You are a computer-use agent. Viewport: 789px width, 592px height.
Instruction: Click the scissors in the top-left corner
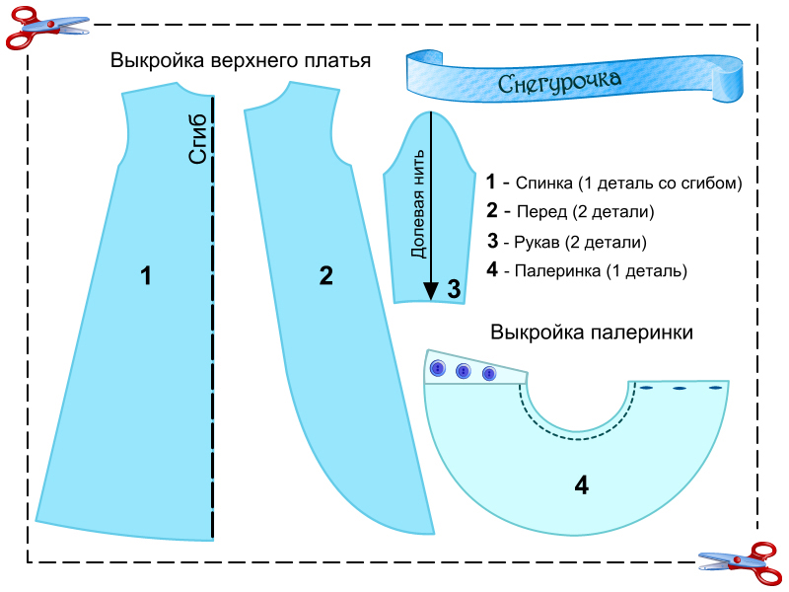(x=36, y=27)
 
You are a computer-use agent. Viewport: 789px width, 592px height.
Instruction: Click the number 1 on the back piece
(x=146, y=276)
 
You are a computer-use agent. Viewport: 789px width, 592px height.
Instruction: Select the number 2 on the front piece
(x=326, y=276)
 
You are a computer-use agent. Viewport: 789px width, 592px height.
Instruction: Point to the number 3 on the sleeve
(x=454, y=289)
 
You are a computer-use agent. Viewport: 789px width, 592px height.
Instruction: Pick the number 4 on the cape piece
(x=582, y=485)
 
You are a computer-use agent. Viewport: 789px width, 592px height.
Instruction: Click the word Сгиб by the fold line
(x=199, y=138)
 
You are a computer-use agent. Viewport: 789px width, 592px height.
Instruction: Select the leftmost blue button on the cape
(x=438, y=368)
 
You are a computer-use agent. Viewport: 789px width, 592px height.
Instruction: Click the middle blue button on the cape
(x=464, y=372)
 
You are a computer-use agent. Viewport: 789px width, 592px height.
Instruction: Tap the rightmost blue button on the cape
(x=488, y=374)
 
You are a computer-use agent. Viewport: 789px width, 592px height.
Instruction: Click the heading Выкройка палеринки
(x=592, y=333)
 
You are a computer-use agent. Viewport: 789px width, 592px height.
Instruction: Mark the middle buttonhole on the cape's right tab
(x=679, y=389)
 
